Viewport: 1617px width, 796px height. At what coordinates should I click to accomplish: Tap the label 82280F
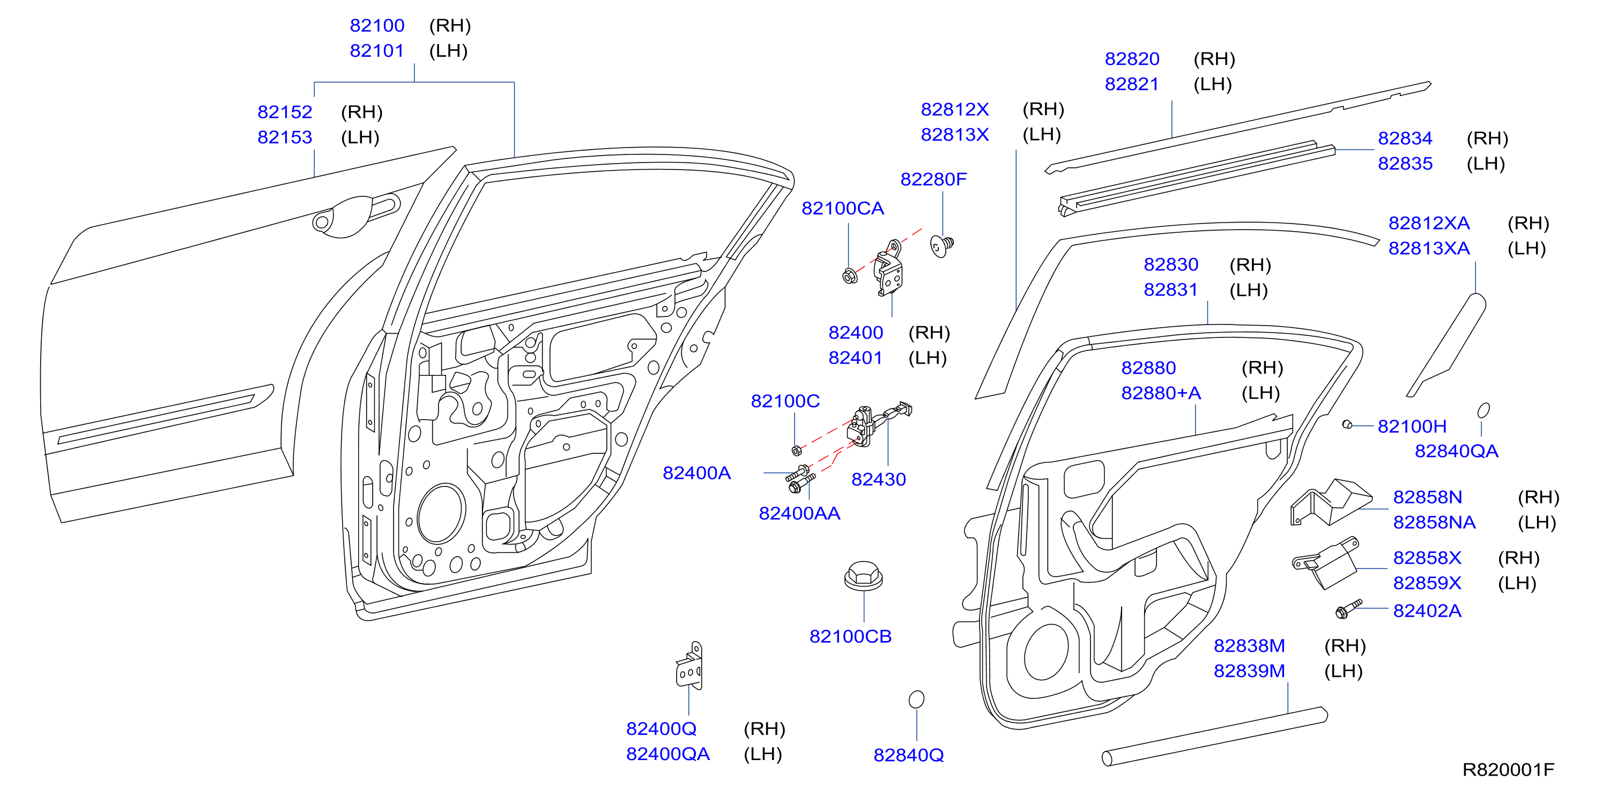point(933,180)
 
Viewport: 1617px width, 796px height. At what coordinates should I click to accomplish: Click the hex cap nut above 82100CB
point(863,576)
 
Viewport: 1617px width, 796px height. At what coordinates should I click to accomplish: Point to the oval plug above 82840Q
point(916,699)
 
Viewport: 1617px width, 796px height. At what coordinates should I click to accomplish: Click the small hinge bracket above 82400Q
point(689,666)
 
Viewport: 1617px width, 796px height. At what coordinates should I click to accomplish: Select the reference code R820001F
point(1508,770)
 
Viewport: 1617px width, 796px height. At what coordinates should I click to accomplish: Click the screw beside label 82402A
point(1348,608)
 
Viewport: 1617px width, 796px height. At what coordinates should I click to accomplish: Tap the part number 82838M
point(1249,646)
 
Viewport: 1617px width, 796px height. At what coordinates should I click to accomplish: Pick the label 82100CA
point(842,209)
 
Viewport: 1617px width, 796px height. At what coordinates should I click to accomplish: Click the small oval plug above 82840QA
point(1484,410)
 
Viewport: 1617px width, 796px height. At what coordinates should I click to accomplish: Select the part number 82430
point(878,480)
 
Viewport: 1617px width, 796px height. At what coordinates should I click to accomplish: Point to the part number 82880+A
point(1161,393)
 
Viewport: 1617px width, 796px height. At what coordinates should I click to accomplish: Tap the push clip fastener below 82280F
point(941,246)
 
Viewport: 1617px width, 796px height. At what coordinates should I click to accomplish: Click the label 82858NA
point(1434,522)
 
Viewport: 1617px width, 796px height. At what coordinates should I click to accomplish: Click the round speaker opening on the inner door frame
point(441,513)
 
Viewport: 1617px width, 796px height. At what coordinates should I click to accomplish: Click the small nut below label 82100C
point(796,450)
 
